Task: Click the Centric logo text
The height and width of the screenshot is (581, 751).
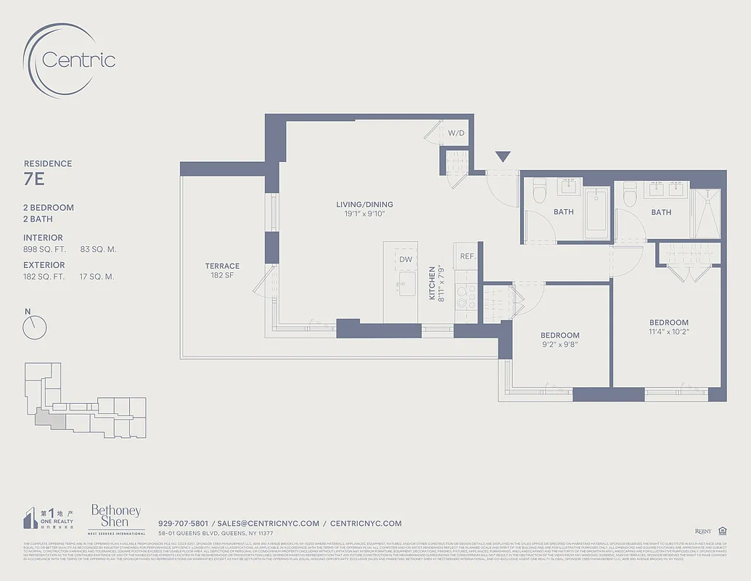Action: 78,60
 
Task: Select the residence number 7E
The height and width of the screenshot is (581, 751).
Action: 34,178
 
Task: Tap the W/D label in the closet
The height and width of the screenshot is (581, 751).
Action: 456,134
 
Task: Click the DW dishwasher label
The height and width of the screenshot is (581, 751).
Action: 406,259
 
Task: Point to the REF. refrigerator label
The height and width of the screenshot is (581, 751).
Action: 467,256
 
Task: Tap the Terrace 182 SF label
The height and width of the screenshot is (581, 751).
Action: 222,271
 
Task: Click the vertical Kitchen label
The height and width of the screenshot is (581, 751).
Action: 432,283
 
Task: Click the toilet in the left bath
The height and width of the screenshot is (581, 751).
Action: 539,191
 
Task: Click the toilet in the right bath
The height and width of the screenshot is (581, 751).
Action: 629,192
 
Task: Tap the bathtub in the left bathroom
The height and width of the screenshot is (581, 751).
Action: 596,213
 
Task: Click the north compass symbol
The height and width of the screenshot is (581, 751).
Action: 34,328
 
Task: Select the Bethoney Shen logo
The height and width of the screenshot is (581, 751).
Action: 115,517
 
